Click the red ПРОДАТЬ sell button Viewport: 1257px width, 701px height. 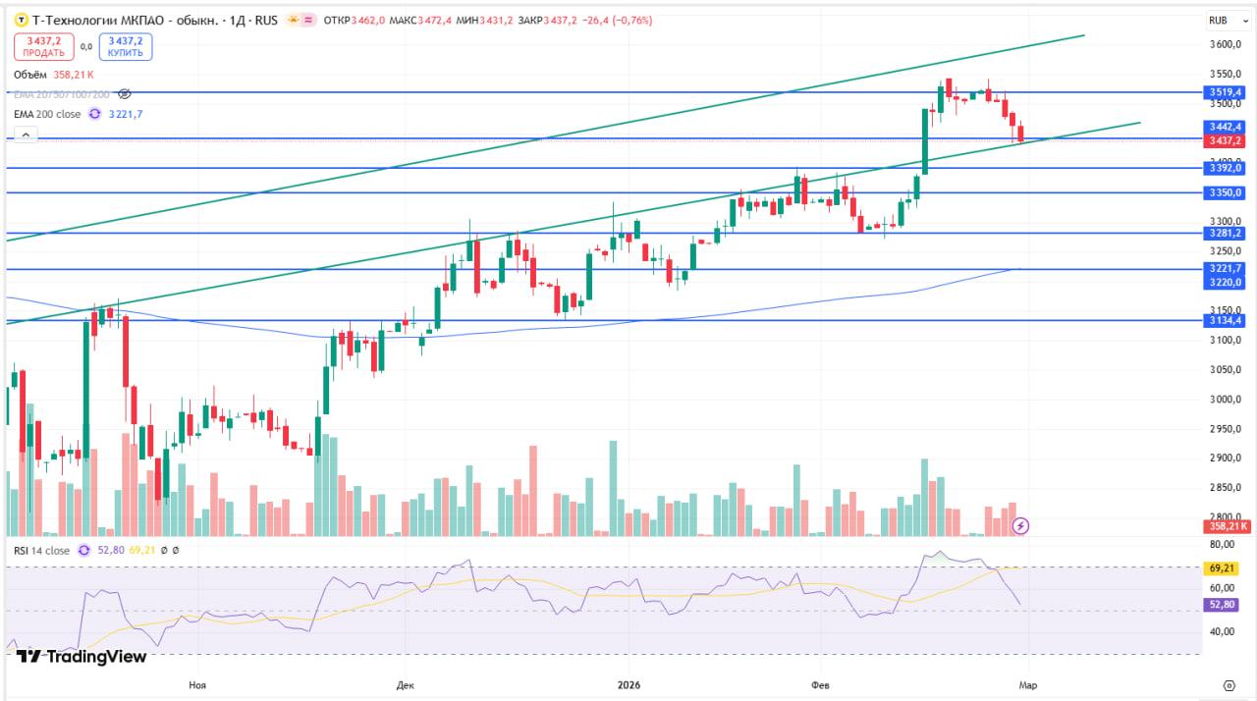(44, 46)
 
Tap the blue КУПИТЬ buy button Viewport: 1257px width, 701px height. (126, 46)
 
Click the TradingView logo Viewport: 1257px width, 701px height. (82, 657)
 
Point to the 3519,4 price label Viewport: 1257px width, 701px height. (1227, 92)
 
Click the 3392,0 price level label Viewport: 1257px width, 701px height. (1227, 168)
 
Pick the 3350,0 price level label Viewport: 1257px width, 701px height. (1227, 193)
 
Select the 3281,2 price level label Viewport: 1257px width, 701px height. (1227, 233)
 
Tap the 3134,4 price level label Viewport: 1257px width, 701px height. (1227, 320)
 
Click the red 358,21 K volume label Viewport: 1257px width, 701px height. (1228, 526)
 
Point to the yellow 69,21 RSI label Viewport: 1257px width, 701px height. (1222, 568)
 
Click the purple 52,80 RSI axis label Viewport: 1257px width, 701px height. (1222, 606)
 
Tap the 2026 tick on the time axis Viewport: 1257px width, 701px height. (626, 684)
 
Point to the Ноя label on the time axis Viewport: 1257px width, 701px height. (197, 684)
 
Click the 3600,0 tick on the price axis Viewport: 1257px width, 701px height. (1227, 45)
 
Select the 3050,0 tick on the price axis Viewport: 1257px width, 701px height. (1227, 370)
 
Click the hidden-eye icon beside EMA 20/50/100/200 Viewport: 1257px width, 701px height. (125, 94)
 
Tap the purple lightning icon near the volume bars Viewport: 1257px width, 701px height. (1020, 525)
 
